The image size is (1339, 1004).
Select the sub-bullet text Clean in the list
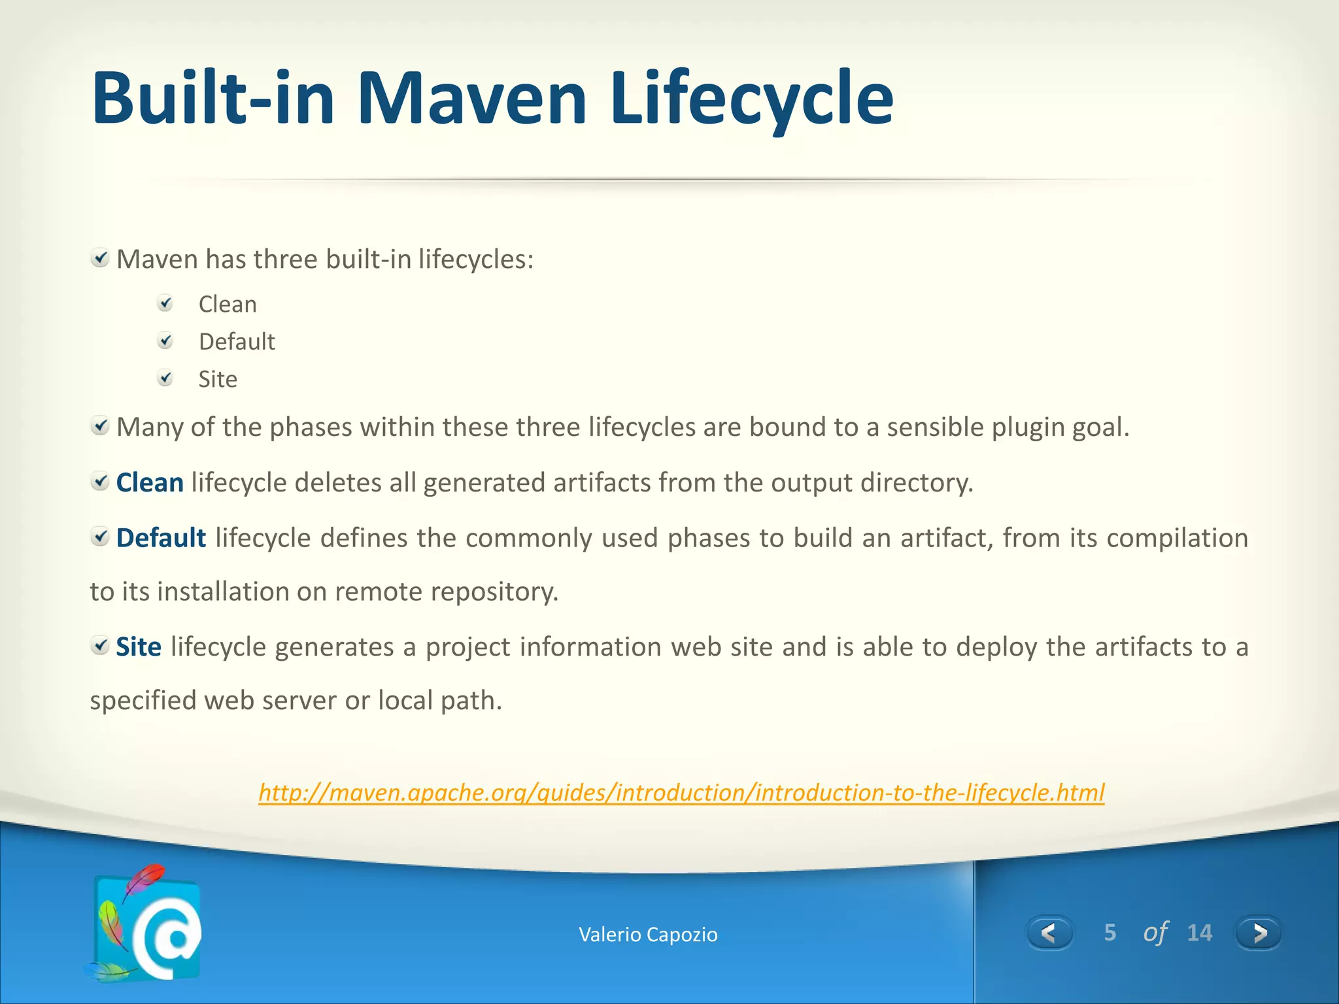point(228,305)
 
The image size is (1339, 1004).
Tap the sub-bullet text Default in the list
point(237,342)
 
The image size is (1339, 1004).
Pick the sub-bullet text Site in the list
point(218,380)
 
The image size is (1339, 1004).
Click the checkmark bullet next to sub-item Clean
point(166,303)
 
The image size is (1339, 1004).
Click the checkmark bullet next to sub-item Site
point(166,378)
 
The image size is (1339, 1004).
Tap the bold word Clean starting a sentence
point(150,483)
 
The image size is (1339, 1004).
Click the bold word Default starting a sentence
point(161,538)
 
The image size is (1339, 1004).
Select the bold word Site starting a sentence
point(139,647)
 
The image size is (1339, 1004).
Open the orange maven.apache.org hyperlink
point(681,793)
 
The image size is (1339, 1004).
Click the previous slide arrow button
point(1049,933)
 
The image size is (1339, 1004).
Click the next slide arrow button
point(1258,933)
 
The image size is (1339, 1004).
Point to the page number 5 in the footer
point(1110,933)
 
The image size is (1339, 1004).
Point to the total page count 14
point(1199,933)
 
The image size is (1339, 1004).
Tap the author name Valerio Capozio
point(648,935)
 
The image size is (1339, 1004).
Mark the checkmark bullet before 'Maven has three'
point(100,259)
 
